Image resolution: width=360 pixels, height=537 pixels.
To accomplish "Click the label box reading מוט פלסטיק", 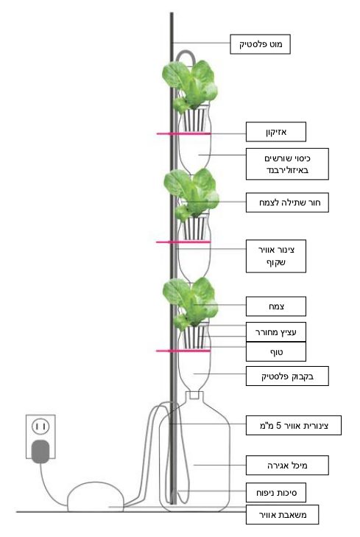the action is [260, 44].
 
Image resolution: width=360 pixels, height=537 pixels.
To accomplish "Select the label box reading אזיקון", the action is [276, 132].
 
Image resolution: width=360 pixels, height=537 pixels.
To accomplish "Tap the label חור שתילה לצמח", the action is [287, 203].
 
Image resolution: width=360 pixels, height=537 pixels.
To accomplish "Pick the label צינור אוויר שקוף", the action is [276, 256].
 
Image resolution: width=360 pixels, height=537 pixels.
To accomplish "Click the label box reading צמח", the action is [276, 306].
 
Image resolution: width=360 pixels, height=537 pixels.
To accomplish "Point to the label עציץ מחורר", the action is [276, 332].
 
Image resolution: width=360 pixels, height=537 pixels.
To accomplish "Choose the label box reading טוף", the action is [276, 351].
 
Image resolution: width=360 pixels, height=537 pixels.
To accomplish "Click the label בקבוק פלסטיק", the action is [287, 376].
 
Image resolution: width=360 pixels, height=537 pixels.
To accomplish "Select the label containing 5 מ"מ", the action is [294, 425].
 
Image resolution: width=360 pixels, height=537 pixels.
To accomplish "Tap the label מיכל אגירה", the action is [287, 465].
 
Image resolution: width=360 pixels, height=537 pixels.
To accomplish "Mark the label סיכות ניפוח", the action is [276, 493].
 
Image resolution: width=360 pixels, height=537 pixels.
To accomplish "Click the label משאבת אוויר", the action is [282, 514].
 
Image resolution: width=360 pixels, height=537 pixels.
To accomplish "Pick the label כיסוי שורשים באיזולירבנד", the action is [287, 164].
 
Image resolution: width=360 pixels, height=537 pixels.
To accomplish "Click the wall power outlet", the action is [40, 437].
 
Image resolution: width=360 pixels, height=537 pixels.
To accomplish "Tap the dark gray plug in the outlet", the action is [40, 452].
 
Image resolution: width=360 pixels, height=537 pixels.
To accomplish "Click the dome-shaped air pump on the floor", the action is [96, 497].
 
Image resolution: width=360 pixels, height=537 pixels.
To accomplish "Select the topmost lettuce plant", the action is [190, 85].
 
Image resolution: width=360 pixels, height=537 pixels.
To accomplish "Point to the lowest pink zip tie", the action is [183, 351].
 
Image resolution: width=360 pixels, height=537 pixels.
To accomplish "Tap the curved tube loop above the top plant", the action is [186, 52].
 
